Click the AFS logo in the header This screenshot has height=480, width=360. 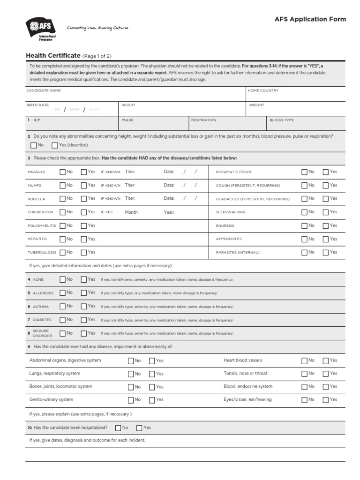40,29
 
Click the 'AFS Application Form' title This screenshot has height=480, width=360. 310,19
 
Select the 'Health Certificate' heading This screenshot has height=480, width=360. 53,55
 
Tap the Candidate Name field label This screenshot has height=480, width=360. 43,90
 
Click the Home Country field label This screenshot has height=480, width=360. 263,90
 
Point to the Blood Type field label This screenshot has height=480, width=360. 282,120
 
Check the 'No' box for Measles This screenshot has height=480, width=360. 63,172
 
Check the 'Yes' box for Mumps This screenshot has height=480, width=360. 84,185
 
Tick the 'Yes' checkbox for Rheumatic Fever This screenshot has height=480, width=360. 325,172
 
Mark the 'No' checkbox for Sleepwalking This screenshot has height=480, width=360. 305,212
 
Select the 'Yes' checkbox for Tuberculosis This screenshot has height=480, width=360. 84,252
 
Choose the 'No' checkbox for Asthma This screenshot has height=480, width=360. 63,306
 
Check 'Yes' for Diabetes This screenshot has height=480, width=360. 84,320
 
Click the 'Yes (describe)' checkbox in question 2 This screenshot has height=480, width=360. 55,145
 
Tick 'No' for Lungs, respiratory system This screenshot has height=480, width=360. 131,374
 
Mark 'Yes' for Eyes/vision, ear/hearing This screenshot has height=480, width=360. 325,400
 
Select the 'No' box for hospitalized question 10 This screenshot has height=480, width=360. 118,428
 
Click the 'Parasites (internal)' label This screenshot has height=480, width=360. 237,252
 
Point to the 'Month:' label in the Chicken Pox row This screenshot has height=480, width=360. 132,212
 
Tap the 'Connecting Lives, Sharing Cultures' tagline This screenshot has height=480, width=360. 97,28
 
